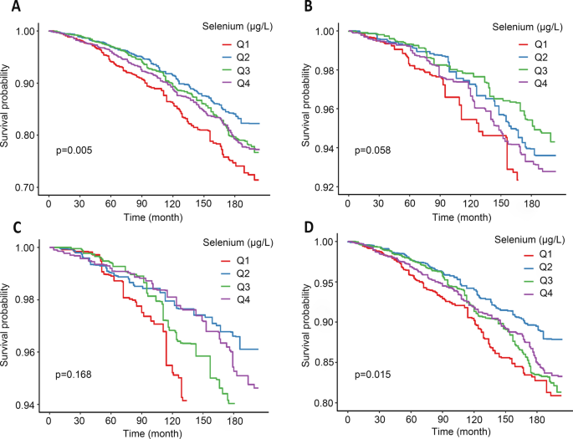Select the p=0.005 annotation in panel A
74,151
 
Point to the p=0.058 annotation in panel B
372,151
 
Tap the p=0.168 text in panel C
74,364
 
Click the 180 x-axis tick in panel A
161,203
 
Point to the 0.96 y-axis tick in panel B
325,110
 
